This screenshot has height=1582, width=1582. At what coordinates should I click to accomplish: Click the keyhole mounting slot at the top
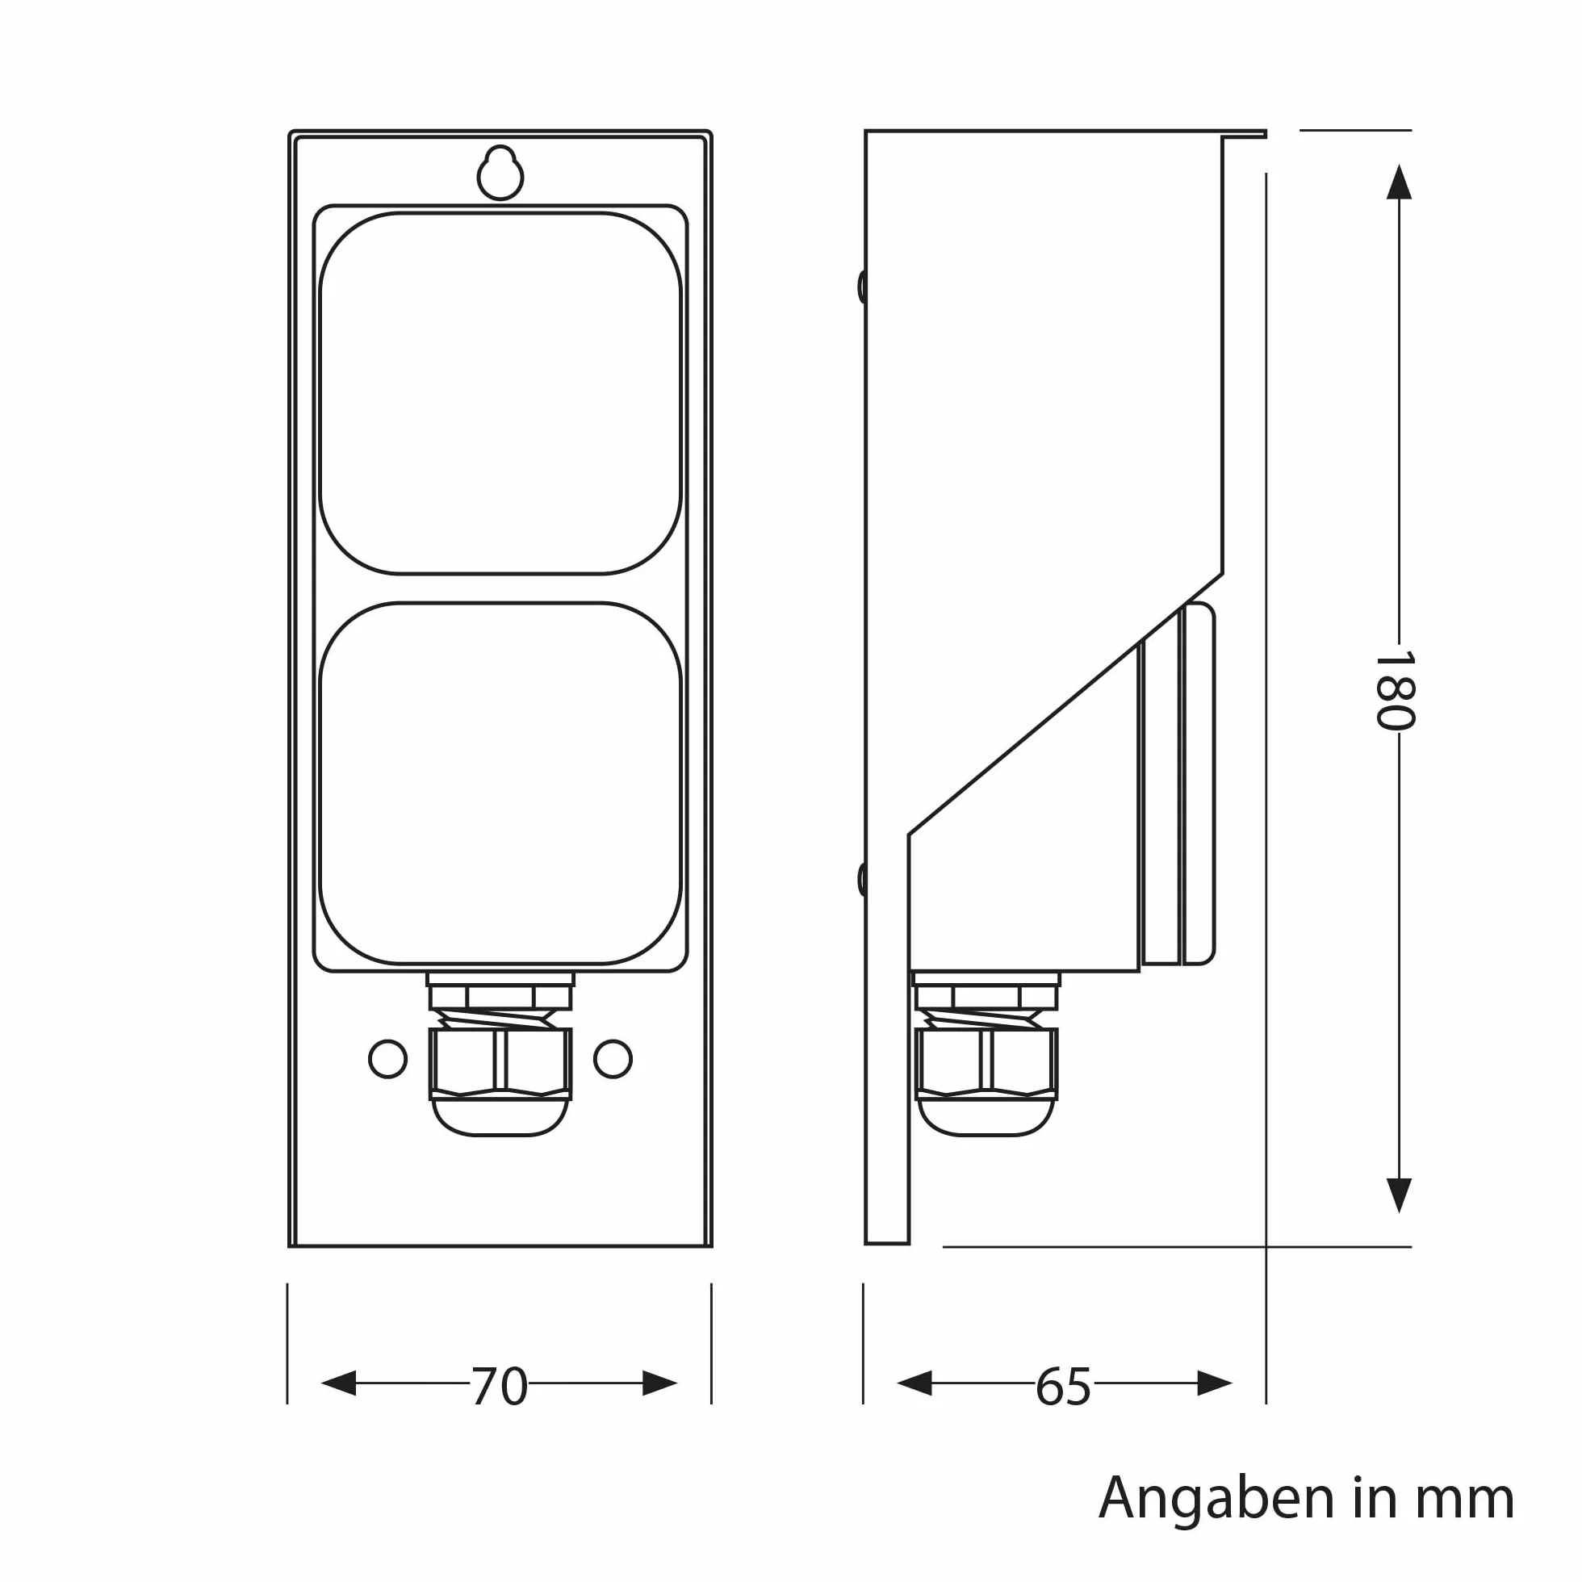pyautogui.click(x=500, y=173)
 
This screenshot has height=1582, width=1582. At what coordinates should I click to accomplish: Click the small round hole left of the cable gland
pyautogui.click(x=388, y=1059)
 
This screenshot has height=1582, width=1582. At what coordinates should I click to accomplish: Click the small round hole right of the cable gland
pyautogui.click(x=613, y=1059)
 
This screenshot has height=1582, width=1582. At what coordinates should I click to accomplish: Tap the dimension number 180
pyautogui.click(x=1396, y=689)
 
